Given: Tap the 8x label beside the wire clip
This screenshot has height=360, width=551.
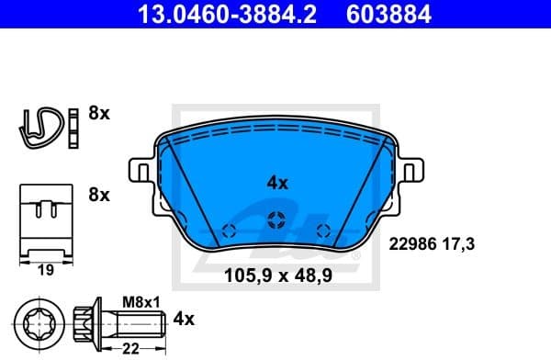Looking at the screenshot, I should click(98, 115).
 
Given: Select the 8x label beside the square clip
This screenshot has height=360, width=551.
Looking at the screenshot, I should click(98, 195).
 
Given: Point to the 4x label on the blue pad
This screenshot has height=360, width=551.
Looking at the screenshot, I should click(276, 183).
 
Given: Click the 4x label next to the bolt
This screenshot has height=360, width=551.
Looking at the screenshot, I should click(184, 320).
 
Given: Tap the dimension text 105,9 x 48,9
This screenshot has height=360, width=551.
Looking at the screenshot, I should click(275, 273).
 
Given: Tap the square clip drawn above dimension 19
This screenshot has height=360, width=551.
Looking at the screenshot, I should click(46, 220).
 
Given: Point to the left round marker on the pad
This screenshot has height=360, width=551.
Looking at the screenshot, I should click(230, 230).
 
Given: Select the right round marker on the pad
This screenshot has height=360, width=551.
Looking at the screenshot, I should click(321, 230).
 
